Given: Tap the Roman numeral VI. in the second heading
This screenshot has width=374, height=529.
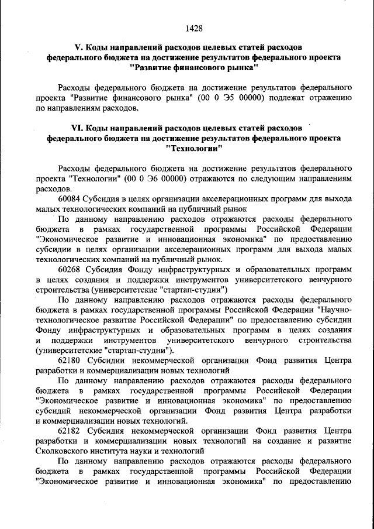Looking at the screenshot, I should coord(77,128).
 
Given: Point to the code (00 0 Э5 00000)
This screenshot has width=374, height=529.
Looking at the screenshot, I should coord(231,98).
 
